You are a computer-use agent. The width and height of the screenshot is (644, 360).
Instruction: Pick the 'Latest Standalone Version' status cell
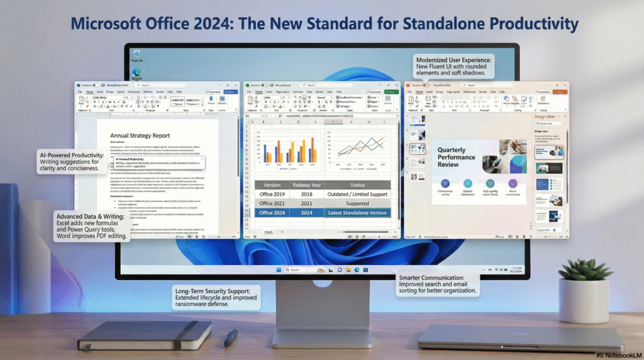(x=357, y=213)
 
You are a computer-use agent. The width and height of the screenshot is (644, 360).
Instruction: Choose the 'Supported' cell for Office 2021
(x=357, y=203)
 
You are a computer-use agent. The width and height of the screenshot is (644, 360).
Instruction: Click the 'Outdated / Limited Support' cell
(x=357, y=194)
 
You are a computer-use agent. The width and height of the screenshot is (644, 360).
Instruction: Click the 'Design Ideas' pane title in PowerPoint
(x=545, y=117)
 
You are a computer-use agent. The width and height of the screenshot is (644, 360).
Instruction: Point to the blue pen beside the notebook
(x=231, y=337)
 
